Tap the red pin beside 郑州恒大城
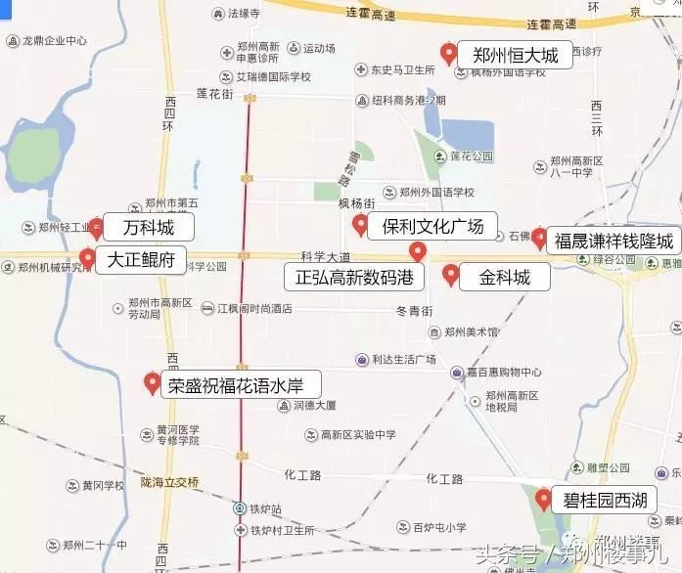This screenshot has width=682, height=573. click(x=448, y=53)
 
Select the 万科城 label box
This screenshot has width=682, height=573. click(x=148, y=229)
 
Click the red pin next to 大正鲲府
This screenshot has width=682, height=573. click(x=87, y=258)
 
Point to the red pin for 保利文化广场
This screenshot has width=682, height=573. click(x=360, y=226)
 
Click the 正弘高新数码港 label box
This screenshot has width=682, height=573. click(x=354, y=277)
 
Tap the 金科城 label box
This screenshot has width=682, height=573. click(x=505, y=277)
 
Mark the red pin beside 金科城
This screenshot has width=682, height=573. click(x=450, y=274)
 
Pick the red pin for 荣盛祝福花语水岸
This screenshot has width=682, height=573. click(x=152, y=382)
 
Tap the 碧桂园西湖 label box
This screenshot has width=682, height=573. click(x=604, y=501)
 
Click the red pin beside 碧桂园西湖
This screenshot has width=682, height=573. click(x=544, y=499)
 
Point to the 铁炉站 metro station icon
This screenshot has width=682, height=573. click(x=241, y=508)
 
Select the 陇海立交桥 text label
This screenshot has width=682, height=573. click(x=169, y=482)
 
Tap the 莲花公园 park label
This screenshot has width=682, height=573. click(x=470, y=156)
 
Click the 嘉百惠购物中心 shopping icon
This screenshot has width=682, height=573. click(x=457, y=372)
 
